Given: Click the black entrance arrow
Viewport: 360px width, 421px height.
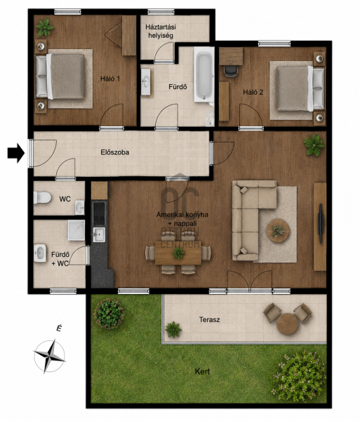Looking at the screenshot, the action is [x=16, y=153].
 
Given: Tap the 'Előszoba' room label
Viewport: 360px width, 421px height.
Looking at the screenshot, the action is [x=115, y=152].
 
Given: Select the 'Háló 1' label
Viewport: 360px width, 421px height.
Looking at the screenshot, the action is [x=110, y=79].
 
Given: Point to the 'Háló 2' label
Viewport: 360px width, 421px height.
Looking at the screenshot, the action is [x=253, y=93].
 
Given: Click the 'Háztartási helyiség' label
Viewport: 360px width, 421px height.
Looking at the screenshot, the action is [x=161, y=31].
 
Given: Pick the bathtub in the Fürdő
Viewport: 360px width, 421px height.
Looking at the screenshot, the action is [x=204, y=74].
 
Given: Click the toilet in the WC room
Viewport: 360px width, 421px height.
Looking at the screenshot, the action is [x=42, y=198].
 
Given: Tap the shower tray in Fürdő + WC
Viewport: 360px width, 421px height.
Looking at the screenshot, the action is [x=76, y=230].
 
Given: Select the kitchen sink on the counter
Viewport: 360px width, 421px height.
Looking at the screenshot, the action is [x=99, y=234].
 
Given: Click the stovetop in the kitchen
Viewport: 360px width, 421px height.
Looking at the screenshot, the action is [x=99, y=213].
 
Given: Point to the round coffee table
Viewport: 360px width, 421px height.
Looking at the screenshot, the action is [x=278, y=231].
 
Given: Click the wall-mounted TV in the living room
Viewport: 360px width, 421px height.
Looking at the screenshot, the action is [x=321, y=224].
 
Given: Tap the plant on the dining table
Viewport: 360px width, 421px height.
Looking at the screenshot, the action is [x=178, y=253].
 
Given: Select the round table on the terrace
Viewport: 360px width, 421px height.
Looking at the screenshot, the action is [x=287, y=323].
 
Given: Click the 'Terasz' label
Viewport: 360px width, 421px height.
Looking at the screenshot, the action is [x=209, y=320].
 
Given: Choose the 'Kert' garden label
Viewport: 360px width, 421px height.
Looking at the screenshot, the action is [x=202, y=372].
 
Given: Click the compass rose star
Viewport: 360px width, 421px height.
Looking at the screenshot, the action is [x=50, y=356].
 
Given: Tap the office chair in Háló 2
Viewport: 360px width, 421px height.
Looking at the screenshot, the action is [x=231, y=71].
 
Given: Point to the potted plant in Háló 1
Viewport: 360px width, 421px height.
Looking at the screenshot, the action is [x=45, y=27].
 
